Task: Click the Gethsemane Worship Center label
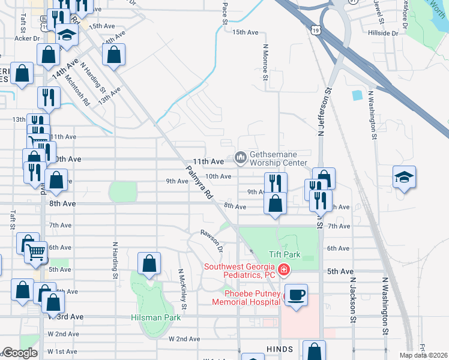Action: [277, 158]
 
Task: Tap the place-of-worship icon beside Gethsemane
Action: [241, 158]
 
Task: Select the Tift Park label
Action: [301, 254]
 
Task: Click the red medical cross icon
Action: [283, 271]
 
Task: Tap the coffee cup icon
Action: [296, 295]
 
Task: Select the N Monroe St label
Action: [265, 61]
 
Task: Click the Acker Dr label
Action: [27, 38]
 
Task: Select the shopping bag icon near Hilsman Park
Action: [149, 263]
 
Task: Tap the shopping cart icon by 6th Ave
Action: [36, 252]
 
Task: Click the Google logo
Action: [20, 353]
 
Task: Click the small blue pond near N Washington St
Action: [358, 95]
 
